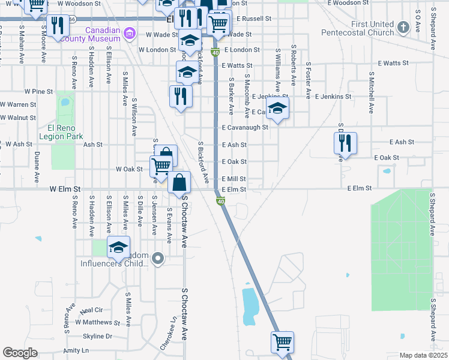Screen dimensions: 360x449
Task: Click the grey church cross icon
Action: (402, 27)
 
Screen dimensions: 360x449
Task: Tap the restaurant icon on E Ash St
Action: (345, 143)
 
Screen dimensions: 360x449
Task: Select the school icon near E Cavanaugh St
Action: (277, 108)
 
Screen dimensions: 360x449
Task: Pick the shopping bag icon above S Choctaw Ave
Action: (179, 182)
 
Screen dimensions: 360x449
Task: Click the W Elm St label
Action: (65, 189)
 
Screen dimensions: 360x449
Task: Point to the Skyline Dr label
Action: (98, 336)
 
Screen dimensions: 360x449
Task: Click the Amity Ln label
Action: (76, 350)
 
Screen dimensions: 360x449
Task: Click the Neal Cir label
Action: (91, 310)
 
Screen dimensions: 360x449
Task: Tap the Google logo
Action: (20, 353)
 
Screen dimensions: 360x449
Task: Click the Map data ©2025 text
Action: (423, 355)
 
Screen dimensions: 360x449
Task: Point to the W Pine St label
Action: (39, 91)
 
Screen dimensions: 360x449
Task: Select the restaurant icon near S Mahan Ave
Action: (58, 25)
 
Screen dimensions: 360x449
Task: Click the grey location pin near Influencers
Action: (158, 259)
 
